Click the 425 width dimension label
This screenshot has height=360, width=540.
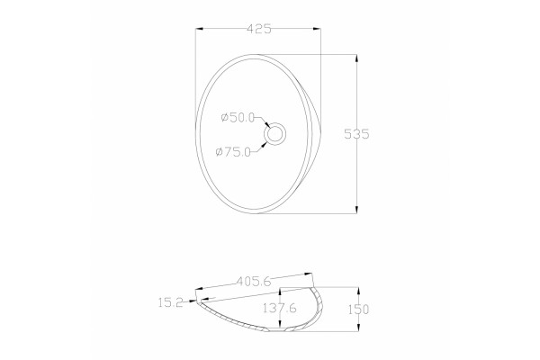pos(259,29)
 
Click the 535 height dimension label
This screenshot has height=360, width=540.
pos(356,134)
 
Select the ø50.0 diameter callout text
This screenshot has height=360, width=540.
pos(238,118)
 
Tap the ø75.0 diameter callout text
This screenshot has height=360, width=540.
pos(233,151)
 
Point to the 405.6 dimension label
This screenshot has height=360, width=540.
pos(254,282)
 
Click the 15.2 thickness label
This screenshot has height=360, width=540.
pos(170,302)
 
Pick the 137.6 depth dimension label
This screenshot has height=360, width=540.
pos(279,308)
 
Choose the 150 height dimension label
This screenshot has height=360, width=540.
pos(358,310)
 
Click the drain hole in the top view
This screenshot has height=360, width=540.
pos(274,134)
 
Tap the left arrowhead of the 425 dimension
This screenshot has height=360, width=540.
pos(200,29)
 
